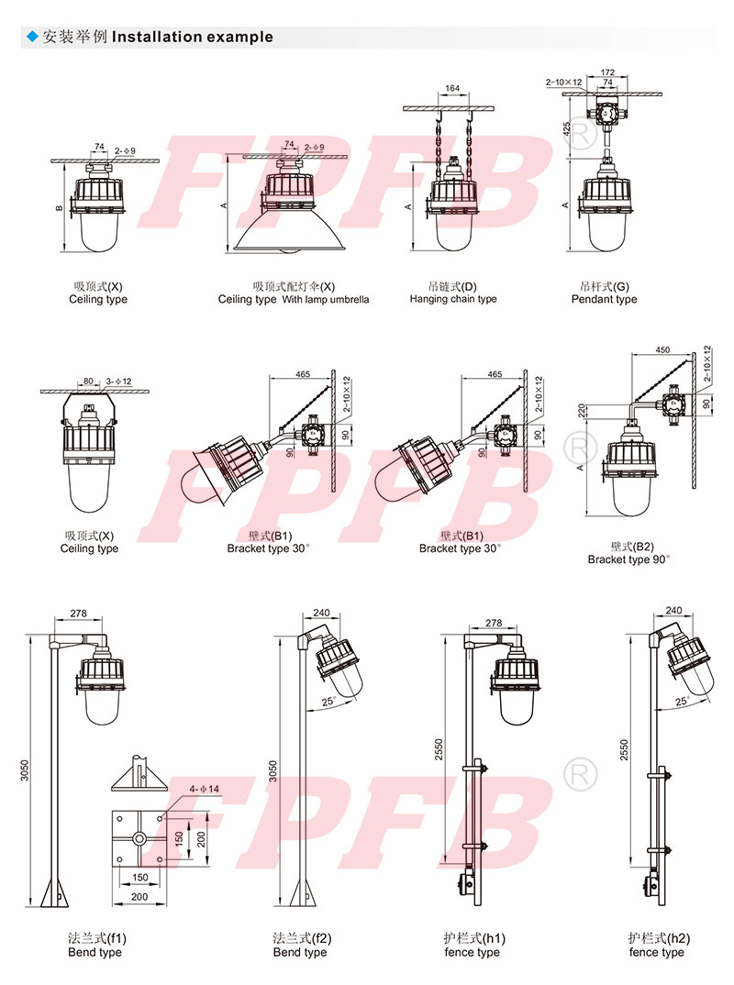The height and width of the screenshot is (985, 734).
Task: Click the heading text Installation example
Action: [x=193, y=37]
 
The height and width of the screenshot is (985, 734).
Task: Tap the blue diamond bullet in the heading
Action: [x=33, y=37]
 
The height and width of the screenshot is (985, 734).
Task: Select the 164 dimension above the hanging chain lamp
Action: [x=452, y=89]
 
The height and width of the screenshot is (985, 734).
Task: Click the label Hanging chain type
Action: [x=453, y=299]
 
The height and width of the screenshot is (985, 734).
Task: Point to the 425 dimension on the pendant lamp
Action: [x=567, y=129]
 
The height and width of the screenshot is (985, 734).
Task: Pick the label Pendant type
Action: [x=604, y=300]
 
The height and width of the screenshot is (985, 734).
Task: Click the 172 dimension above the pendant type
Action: [x=607, y=72]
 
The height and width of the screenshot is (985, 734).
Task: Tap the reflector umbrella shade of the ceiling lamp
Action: [x=289, y=231]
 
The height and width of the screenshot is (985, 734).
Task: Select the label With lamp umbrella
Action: [x=326, y=300]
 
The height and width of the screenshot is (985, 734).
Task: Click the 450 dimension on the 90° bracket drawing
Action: [x=662, y=350]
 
